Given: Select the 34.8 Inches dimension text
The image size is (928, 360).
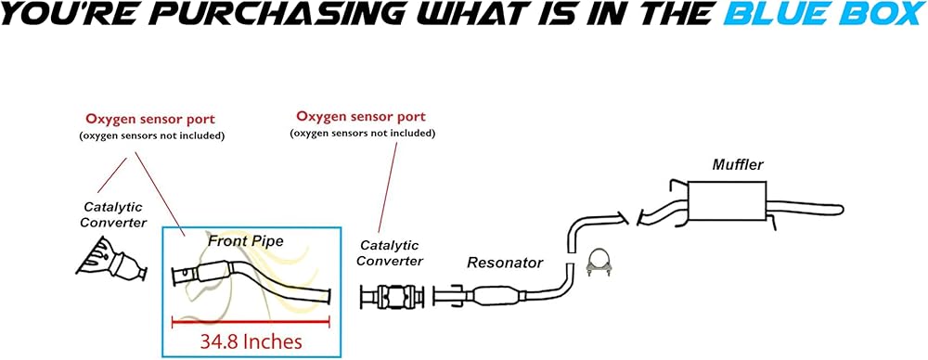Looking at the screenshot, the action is (x=251, y=341).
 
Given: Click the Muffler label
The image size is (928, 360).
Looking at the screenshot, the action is (x=738, y=164).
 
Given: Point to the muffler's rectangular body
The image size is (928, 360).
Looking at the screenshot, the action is (x=727, y=201).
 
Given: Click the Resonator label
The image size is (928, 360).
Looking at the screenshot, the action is (x=505, y=263).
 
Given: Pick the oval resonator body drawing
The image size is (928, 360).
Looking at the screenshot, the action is (x=496, y=294).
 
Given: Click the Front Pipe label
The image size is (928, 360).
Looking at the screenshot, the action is (x=246, y=241).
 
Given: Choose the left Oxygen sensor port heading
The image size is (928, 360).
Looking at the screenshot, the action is (x=149, y=119).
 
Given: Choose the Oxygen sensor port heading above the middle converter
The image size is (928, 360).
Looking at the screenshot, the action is (x=360, y=116).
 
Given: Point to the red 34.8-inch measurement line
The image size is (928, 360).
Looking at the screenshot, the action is (x=251, y=322).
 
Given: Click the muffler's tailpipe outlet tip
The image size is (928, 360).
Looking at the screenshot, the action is (x=839, y=210).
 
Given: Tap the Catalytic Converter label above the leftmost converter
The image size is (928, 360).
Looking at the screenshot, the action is (x=112, y=215).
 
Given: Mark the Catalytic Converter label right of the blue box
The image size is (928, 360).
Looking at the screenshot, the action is (x=391, y=252).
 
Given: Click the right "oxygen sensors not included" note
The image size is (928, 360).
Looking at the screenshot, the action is (x=362, y=134).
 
